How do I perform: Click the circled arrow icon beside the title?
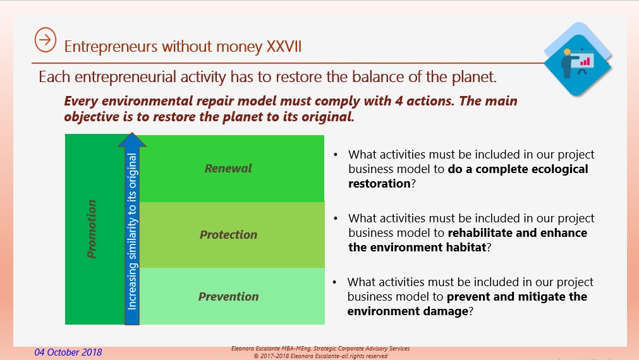tap(46, 40)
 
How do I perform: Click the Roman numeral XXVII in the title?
tap(284, 47)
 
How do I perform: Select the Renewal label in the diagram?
tap(228, 168)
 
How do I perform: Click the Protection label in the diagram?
tap(228, 234)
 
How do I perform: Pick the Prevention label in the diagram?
tap(228, 296)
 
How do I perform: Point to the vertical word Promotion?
tap(92, 229)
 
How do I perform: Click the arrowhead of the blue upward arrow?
tap(131, 140)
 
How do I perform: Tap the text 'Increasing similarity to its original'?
tap(132, 231)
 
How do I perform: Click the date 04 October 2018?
tap(68, 352)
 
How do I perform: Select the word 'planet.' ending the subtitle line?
tap(474, 77)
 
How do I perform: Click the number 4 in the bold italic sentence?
tap(399, 100)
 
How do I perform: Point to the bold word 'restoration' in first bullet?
tap(379, 184)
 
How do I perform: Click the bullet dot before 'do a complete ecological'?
tap(336, 155)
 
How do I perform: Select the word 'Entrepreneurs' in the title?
tap(111, 47)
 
